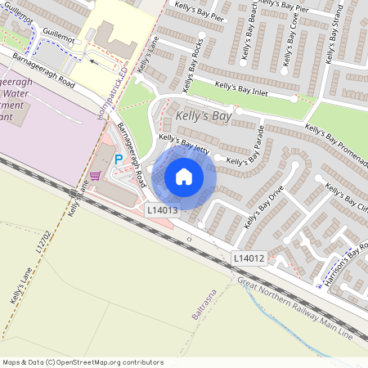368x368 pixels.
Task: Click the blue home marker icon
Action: [x=184, y=176]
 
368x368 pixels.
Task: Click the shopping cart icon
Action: [x=95, y=175]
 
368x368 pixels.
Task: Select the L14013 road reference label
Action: [x=162, y=210]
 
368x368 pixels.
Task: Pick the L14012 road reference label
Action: [x=248, y=258]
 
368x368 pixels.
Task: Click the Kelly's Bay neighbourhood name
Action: [x=204, y=117]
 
